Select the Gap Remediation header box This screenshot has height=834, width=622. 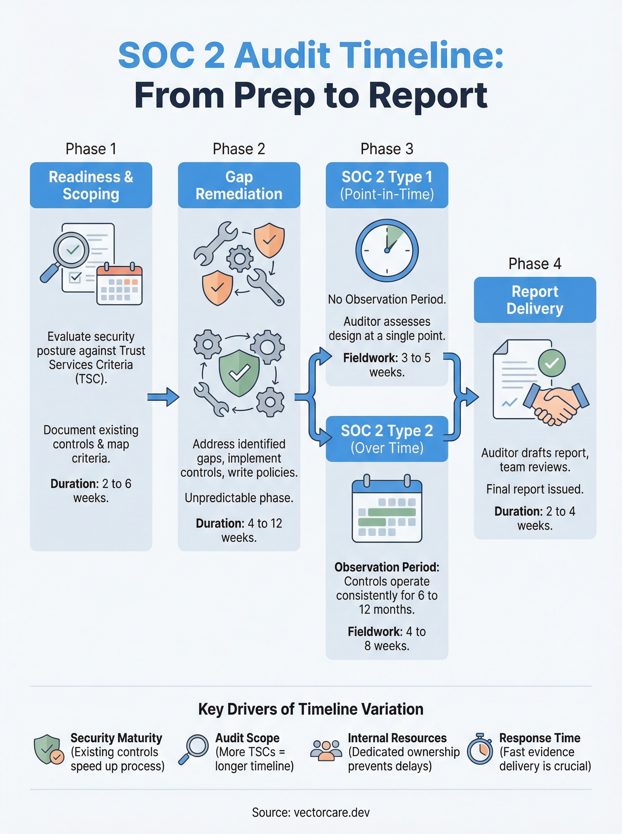239,185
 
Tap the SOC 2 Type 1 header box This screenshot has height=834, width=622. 387,185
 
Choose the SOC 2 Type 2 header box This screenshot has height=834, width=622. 387,439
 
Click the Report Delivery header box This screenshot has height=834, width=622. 535,300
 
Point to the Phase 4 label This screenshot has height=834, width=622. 535,264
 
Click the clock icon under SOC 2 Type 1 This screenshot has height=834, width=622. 387,251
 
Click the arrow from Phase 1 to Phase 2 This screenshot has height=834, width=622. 163,397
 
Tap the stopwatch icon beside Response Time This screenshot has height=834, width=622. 480,751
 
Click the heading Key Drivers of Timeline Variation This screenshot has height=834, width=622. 311,709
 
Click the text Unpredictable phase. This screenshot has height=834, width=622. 239,498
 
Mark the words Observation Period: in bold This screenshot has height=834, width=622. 387,567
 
